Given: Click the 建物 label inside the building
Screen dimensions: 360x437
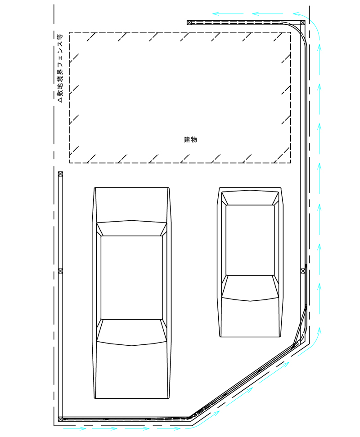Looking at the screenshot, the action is point(190,139).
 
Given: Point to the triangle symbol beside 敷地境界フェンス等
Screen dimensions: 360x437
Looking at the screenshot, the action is point(60,100).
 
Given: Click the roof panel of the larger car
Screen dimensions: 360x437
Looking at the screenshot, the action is point(131,277).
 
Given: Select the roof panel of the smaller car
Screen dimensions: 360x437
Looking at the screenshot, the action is point(250,240).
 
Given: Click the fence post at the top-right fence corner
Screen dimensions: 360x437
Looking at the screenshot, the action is point(302,22).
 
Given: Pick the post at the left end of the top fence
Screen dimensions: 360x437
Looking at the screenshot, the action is point(189,22).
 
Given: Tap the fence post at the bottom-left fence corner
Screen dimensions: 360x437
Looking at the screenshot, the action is point(60,419).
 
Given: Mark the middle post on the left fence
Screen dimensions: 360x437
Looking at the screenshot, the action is point(60,271).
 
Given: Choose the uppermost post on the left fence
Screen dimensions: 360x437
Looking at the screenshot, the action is point(60,174).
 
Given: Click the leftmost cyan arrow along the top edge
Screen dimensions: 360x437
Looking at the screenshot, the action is point(228,13).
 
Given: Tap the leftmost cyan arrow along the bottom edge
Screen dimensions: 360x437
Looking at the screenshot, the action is point(74,428).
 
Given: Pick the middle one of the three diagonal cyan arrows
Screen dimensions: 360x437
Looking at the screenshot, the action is point(239,396).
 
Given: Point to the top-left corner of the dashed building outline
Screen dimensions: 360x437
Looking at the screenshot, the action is point(70,32).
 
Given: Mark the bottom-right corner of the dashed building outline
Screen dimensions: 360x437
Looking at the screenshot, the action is point(291,163).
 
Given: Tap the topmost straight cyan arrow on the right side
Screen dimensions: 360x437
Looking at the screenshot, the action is point(319,59).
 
